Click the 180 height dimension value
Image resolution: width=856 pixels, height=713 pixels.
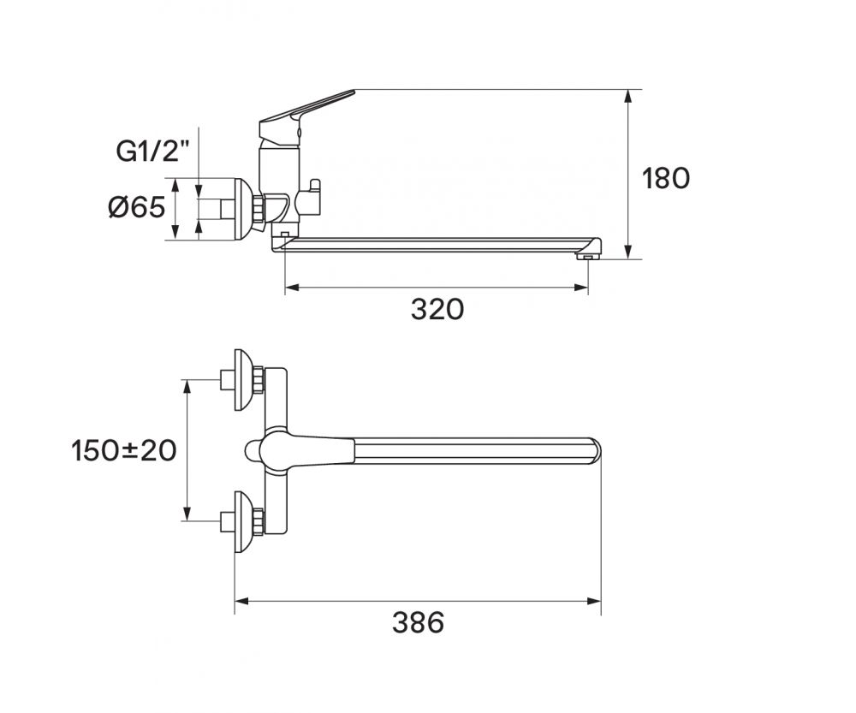[665, 179]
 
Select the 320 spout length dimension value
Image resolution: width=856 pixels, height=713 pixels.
[437, 310]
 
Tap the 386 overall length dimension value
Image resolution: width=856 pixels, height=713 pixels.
[419, 622]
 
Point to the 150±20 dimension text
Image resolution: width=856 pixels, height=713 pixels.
[124, 451]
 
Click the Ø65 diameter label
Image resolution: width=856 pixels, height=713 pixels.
[136, 207]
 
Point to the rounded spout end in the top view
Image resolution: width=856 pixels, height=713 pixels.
[595, 450]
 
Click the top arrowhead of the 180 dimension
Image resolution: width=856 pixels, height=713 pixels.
[628, 96]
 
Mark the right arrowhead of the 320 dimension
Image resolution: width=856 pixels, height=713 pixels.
[581, 288]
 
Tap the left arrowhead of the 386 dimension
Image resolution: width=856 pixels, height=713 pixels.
[242, 601]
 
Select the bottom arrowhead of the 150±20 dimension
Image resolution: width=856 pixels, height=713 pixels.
[187, 514]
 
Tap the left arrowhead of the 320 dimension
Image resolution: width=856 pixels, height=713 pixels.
[292, 288]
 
